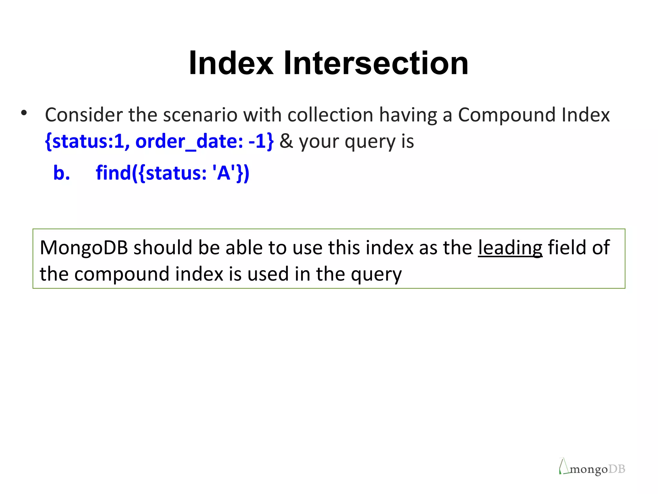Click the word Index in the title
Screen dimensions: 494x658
231,63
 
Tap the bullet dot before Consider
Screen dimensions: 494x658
24,113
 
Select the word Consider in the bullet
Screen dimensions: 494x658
84,115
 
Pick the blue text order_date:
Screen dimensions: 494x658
189,142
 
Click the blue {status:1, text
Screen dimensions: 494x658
87,142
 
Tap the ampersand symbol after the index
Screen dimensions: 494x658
286,142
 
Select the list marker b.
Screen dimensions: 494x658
61,173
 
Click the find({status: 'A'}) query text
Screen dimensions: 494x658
173,173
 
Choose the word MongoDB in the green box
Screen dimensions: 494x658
84,248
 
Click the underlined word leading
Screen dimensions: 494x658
510,248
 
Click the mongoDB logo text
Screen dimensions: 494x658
597,469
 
